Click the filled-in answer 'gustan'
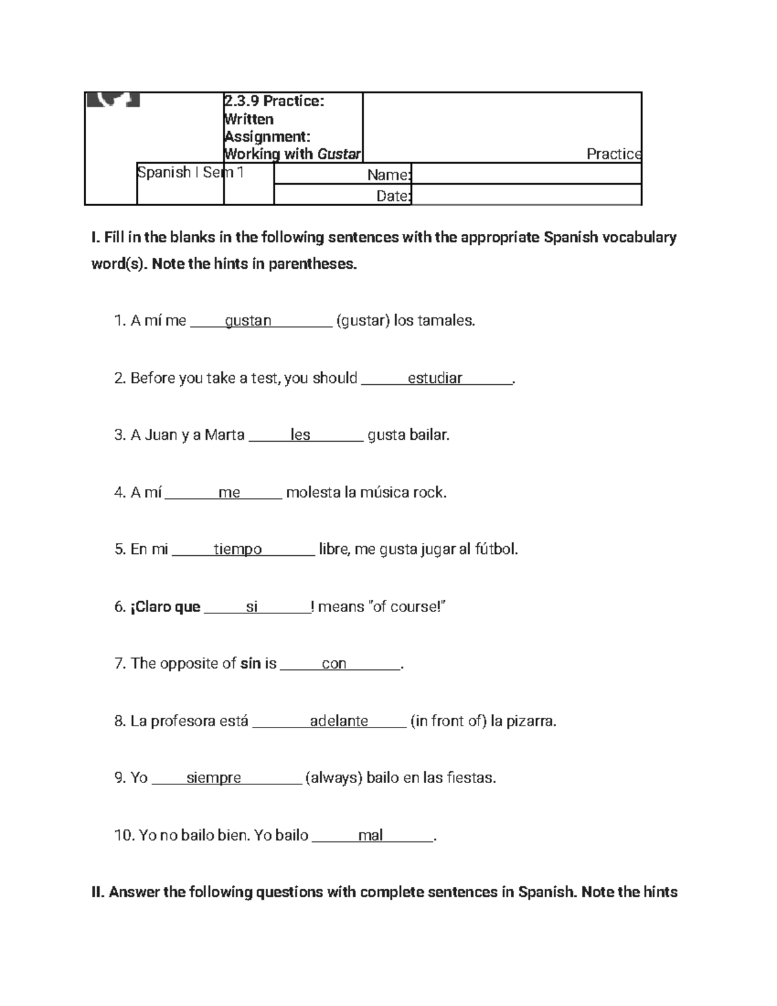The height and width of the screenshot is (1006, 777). tap(248, 321)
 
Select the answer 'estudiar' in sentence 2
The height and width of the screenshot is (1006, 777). tap(434, 378)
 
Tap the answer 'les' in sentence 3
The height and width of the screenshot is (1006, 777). tap(300, 435)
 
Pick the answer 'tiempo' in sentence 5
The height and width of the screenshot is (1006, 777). tap(238, 550)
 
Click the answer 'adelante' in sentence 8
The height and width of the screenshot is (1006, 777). tap(339, 722)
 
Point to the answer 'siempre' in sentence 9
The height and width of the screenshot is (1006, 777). tap(214, 778)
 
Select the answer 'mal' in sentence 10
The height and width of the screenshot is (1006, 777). tap(370, 836)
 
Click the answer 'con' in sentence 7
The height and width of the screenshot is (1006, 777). tap(334, 664)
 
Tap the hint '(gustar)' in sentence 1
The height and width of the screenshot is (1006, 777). tap(363, 321)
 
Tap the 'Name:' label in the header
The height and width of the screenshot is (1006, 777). tap(388, 176)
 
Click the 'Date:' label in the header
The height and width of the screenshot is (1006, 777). tap(393, 196)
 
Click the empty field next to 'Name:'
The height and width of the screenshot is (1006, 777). tap(526, 174)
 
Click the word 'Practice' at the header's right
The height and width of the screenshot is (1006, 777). tap(613, 154)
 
